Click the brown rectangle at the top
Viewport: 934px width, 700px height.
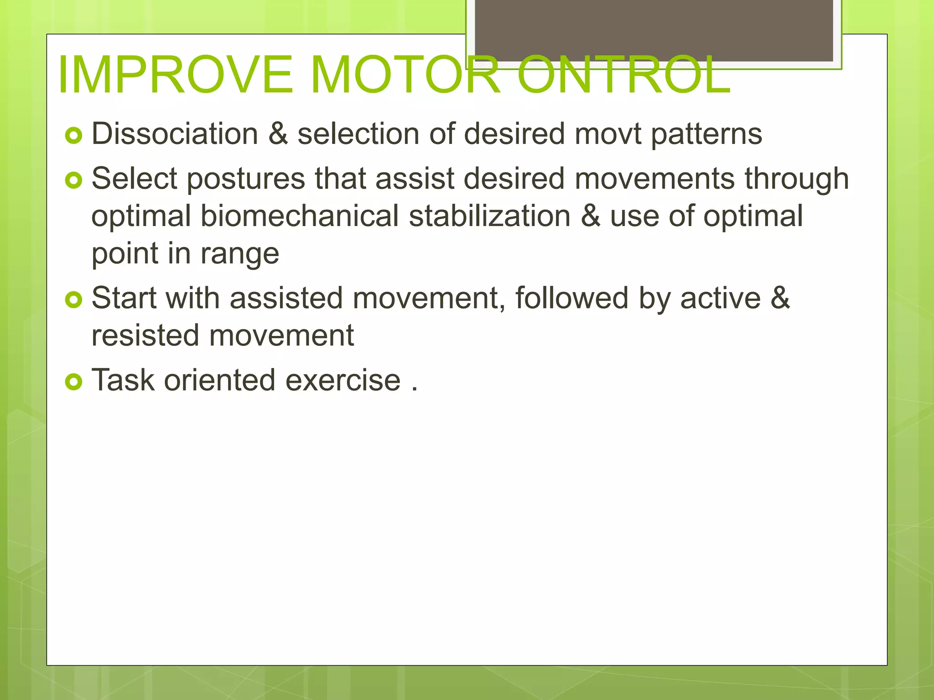[654, 30]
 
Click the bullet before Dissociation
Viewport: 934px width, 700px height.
[73, 135]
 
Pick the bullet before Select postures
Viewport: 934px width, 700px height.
[73, 180]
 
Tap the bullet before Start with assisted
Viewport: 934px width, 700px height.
[73, 300]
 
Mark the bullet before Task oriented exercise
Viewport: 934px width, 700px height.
[73, 382]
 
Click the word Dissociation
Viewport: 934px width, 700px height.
[175, 134]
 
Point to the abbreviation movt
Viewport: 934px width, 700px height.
[607, 134]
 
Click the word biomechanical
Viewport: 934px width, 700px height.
[300, 216]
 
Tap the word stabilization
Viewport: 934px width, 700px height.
[489, 216]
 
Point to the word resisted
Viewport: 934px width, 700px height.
[145, 336]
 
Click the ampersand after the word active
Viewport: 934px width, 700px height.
[780, 299]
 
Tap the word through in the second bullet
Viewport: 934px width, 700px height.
[797, 179]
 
